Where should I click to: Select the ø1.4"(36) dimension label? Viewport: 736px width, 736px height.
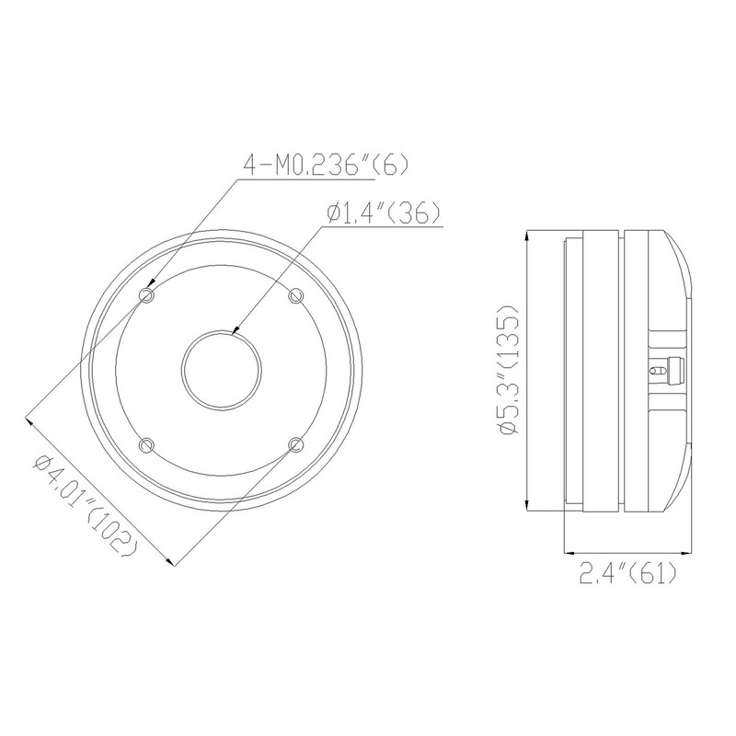[385, 213]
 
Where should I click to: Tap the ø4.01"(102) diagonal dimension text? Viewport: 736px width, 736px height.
[86, 503]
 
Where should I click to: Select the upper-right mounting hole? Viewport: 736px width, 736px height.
[295, 294]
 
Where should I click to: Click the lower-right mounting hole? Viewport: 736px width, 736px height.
[295, 444]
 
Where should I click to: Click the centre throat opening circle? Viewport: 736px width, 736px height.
[222, 369]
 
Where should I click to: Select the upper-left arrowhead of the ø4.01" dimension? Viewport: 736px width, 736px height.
[32, 420]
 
